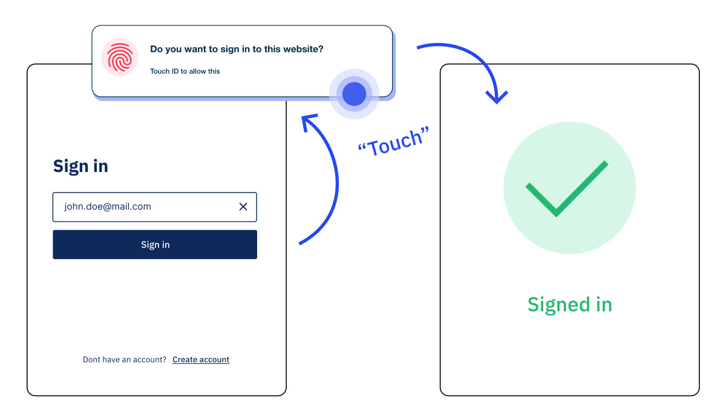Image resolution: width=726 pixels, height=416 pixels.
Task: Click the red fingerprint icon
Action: (x=119, y=58)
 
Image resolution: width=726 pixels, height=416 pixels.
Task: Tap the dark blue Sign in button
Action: (x=155, y=245)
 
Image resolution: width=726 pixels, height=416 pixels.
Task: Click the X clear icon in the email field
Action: (x=243, y=206)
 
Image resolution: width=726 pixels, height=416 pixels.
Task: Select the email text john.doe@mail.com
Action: (x=108, y=206)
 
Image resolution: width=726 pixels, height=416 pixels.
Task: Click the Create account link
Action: (x=201, y=360)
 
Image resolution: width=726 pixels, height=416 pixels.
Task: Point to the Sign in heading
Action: (x=80, y=166)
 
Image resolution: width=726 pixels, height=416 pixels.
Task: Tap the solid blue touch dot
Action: (x=354, y=94)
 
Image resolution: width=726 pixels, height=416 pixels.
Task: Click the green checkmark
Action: (x=567, y=189)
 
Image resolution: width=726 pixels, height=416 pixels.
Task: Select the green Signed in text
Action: (x=569, y=304)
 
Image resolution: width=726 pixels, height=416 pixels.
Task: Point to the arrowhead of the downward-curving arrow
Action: (x=497, y=99)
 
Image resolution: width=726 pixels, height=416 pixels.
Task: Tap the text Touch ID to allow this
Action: (x=185, y=71)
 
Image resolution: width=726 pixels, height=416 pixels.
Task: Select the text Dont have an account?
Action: (x=125, y=360)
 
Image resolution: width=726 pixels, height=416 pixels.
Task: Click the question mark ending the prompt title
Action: (x=321, y=49)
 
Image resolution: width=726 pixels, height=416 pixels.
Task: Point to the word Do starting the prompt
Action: (x=156, y=49)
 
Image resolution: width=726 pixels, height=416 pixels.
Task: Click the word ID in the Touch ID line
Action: (x=176, y=71)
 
